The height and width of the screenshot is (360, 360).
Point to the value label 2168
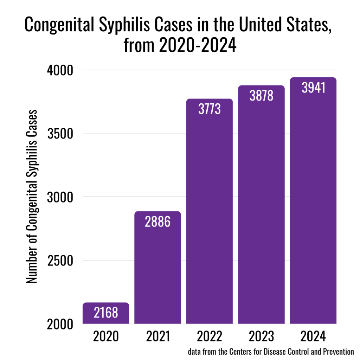(x=106, y=312)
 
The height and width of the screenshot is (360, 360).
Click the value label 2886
(x=158, y=222)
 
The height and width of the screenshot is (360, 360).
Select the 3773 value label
(x=210, y=109)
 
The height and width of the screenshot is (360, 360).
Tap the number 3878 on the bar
(x=261, y=96)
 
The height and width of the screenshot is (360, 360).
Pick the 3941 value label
(x=313, y=88)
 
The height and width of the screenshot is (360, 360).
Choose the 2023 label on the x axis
(x=261, y=336)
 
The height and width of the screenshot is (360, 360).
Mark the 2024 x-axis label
(x=313, y=336)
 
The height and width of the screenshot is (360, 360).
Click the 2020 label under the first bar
(x=106, y=336)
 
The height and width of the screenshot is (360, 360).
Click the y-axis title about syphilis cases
(x=32, y=197)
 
